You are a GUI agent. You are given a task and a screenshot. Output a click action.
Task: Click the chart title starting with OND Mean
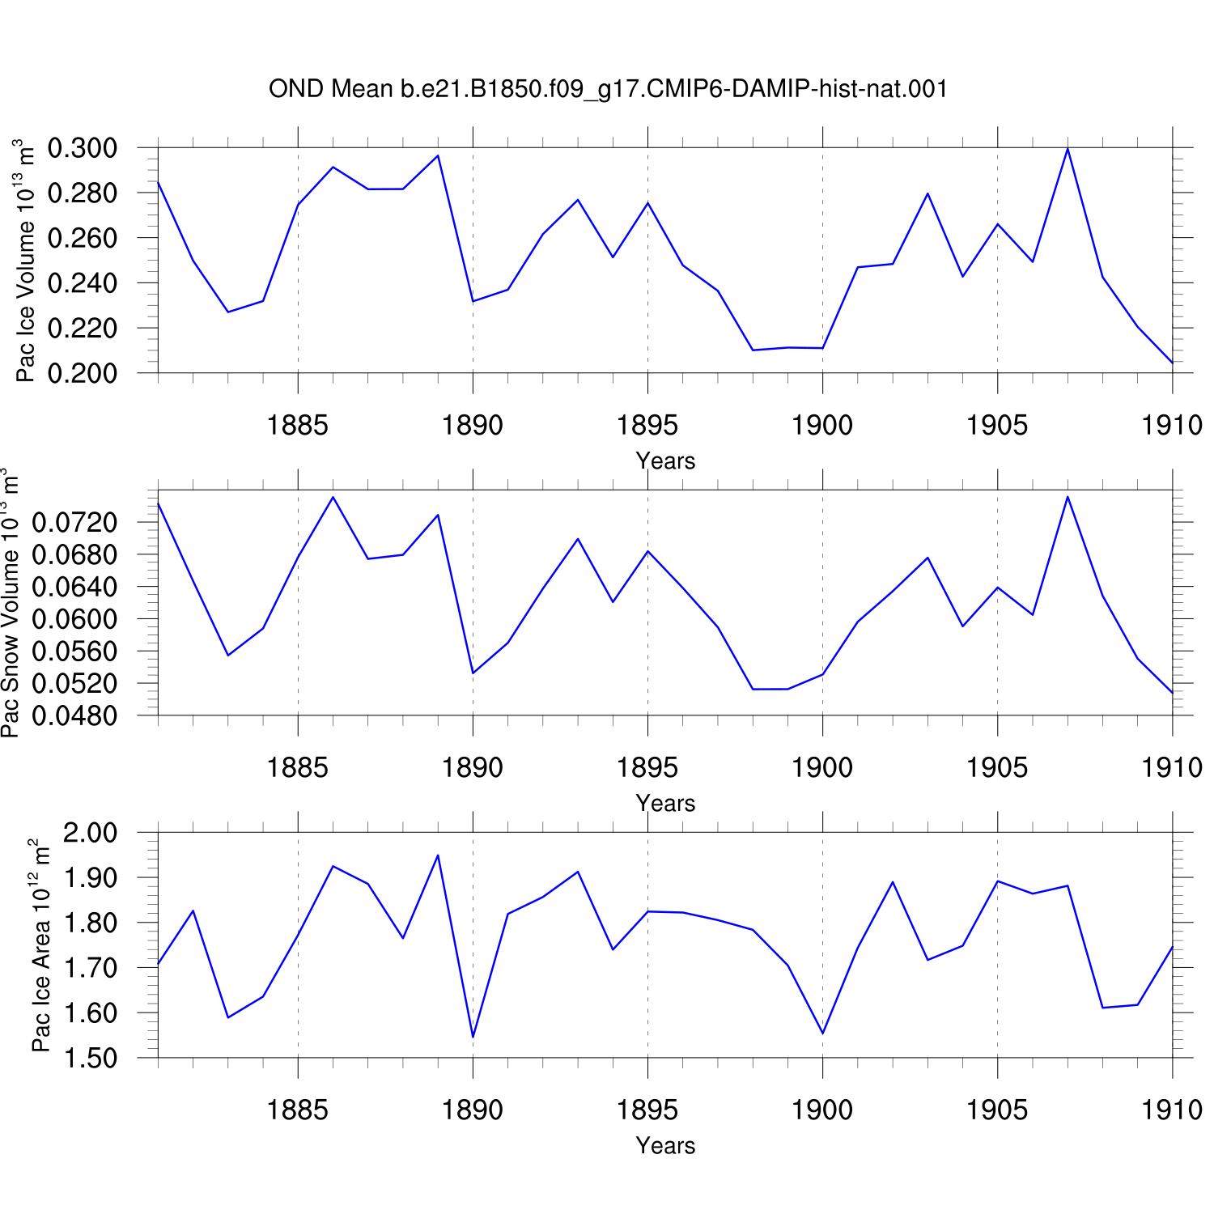608,89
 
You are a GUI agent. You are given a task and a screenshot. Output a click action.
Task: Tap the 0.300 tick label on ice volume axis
83,148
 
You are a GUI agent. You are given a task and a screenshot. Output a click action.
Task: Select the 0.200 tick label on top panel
83,373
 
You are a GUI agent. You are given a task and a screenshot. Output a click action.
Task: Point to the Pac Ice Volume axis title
25,261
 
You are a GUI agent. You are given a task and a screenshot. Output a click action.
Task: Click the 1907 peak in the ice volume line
1068,149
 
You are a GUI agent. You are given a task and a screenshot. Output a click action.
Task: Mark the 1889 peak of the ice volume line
438,155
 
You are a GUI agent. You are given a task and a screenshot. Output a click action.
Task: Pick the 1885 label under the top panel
298,425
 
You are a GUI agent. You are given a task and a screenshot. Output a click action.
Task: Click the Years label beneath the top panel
665,461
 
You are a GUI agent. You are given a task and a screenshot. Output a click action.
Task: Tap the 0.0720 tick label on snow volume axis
74,522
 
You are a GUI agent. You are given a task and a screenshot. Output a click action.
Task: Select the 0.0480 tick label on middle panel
74,715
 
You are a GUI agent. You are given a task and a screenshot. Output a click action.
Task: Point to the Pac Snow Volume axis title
10,603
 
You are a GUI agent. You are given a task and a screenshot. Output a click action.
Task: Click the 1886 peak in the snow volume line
333,497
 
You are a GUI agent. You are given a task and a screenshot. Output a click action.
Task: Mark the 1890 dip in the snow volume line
473,673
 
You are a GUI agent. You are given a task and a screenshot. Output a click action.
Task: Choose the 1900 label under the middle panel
822,767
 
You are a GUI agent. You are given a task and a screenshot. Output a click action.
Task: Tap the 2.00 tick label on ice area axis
90,833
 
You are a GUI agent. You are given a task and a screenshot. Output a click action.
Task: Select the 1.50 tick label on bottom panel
90,1058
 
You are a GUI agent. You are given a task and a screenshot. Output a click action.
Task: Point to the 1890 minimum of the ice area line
473,1037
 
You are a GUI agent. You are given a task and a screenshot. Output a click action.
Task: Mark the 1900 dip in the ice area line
822,1033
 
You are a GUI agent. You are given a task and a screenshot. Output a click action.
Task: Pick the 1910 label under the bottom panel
1172,1110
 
